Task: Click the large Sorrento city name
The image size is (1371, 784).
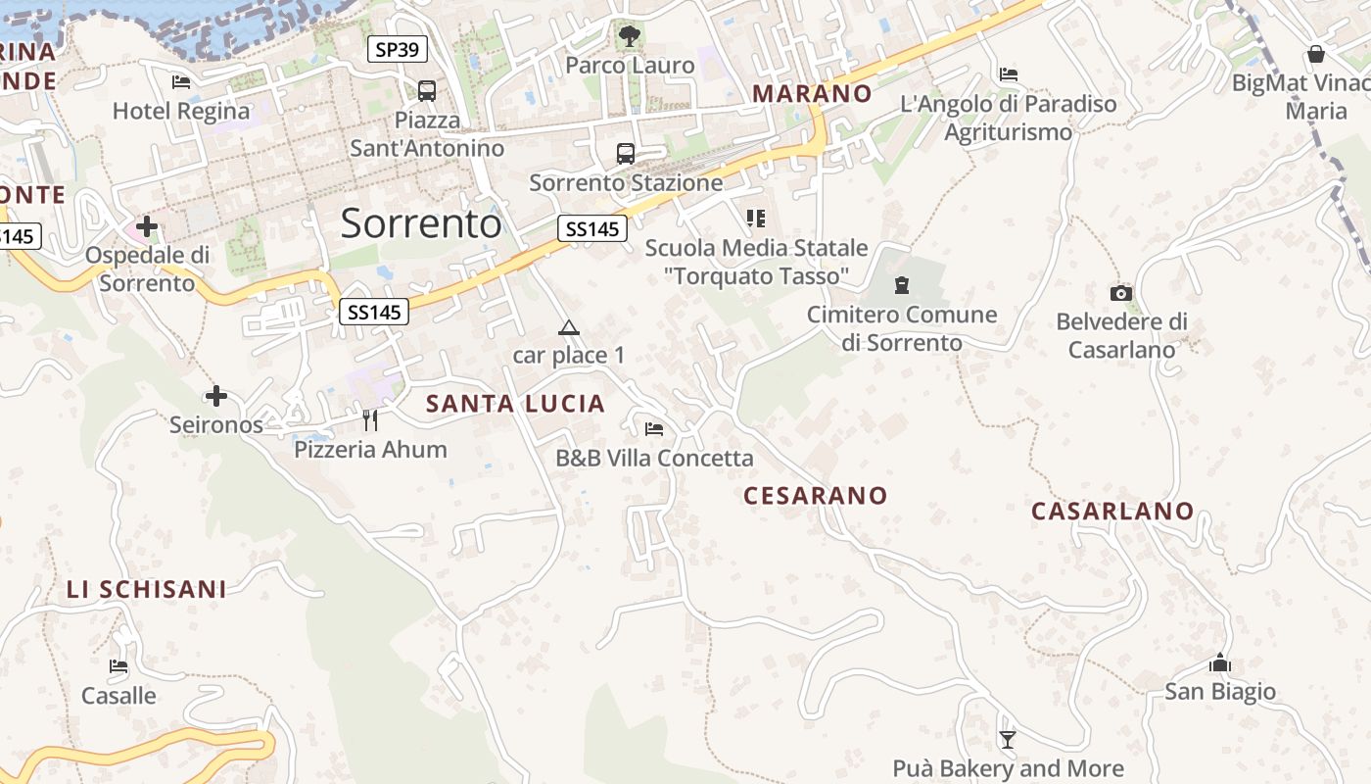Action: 421,224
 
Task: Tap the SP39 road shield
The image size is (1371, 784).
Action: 398,49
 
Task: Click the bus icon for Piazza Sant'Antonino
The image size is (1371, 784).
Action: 427,91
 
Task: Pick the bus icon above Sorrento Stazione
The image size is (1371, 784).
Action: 626,154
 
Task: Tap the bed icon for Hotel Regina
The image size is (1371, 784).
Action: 181,82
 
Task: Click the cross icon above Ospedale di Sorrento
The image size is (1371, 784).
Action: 147,227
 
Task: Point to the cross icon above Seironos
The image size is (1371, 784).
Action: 216,396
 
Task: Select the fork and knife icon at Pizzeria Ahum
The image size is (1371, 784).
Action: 370,420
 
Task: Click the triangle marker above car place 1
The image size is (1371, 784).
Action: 569,327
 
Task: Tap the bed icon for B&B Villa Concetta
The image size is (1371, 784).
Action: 654,429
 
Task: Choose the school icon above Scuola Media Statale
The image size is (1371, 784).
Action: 756,219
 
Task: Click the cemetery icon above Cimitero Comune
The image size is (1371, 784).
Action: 901,285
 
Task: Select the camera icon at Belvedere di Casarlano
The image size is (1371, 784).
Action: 1121,293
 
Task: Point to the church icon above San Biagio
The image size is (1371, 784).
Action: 1219,663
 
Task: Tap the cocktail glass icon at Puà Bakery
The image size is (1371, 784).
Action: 1008,740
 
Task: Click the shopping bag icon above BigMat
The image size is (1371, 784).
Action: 1316,54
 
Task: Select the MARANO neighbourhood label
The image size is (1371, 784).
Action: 812,94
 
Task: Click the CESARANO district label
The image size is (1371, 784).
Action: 816,496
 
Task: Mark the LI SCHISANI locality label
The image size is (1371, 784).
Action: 147,589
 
